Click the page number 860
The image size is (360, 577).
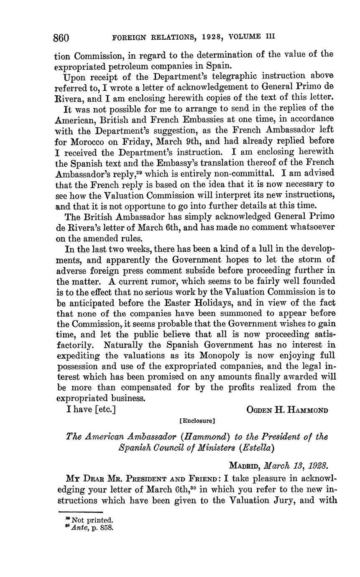click(x=61, y=38)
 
